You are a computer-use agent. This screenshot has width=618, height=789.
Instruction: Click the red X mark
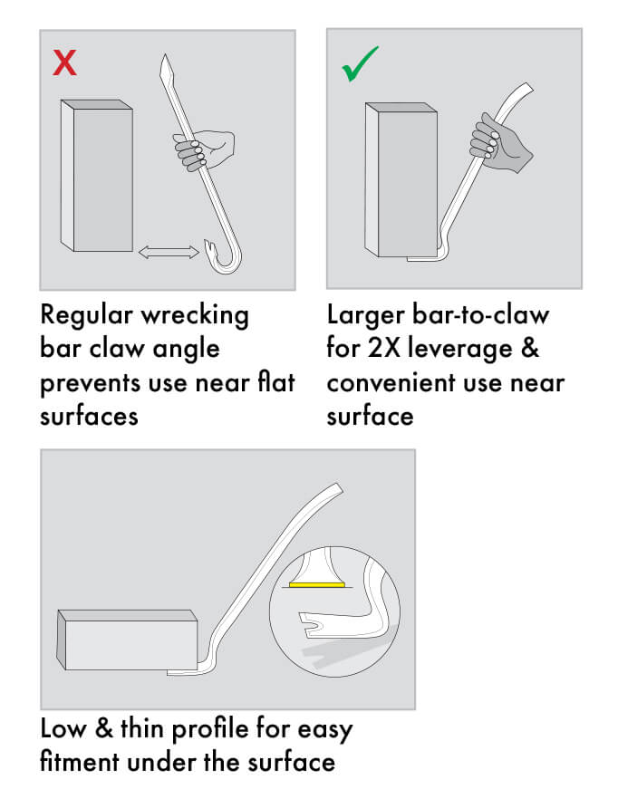pos(65,63)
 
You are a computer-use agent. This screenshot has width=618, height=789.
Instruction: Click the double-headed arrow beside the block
pos(169,252)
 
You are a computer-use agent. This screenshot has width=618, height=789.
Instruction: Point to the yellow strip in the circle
pos(317,584)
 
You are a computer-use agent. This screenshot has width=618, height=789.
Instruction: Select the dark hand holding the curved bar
pos(498,142)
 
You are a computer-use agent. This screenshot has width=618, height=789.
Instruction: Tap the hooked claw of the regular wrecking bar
pos(224,256)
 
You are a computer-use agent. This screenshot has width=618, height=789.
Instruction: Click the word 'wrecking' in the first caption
pos(195,316)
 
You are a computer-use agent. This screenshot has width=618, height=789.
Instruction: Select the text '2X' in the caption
pos(383,348)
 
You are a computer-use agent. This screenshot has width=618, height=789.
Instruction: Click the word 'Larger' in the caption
pos(366,316)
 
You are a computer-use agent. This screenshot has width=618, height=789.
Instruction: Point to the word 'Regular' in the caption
pos(87,316)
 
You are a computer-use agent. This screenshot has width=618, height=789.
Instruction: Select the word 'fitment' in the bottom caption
pos(80,762)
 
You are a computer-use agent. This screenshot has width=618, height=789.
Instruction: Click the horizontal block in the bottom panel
pos(127,640)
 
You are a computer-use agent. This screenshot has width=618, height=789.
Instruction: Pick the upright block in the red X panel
pos(97,176)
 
